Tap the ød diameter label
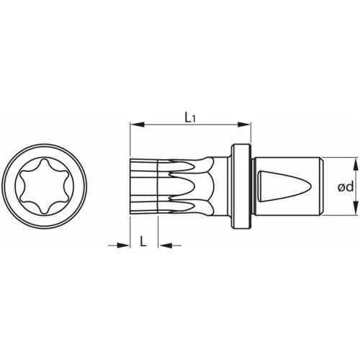(x=345, y=187)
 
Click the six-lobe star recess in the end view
(x=44, y=187)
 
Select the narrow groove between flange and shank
(x=252, y=187)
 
